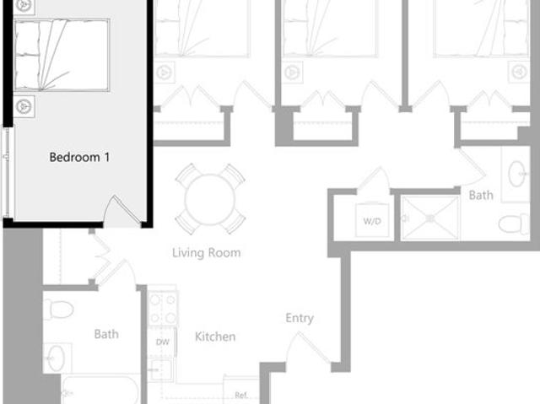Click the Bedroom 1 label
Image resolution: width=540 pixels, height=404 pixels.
(x=79, y=157)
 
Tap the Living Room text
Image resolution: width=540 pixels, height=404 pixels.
(x=206, y=252)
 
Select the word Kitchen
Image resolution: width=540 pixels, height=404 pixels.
(x=215, y=337)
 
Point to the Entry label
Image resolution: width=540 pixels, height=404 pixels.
(x=300, y=318)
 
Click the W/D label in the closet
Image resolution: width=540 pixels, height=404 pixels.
(x=372, y=222)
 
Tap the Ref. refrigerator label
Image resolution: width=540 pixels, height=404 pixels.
(x=240, y=395)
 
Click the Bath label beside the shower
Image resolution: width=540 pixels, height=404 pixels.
(x=481, y=195)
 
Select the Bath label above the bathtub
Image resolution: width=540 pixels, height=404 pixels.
(x=106, y=334)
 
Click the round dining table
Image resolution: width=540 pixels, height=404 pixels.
(x=210, y=199)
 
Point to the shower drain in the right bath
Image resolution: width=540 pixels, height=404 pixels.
(x=429, y=218)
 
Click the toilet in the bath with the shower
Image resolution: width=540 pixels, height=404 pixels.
(x=513, y=224)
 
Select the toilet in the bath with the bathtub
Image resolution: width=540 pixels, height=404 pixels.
(x=57, y=308)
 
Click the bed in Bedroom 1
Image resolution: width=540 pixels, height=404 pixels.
(x=62, y=55)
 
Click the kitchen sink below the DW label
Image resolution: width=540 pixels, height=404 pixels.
(x=159, y=369)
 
